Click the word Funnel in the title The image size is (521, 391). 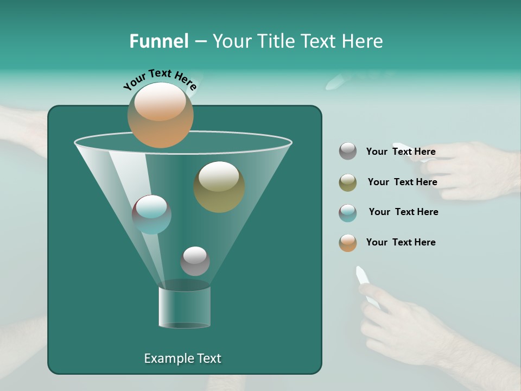(x=158, y=41)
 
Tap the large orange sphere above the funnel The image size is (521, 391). (x=160, y=115)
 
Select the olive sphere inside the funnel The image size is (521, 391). (x=219, y=186)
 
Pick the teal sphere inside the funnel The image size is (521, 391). (x=151, y=214)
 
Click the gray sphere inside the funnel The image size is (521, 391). (x=195, y=261)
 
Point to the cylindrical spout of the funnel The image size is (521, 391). (x=185, y=307)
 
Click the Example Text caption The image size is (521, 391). (x=182, y=358)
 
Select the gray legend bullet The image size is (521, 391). (x=348, y=152)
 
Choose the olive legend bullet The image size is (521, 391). (x=348, y=182)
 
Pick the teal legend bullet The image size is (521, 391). (x=348, y=213)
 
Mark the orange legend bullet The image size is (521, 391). (x=348, y=243)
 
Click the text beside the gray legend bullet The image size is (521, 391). (x=401, y=152)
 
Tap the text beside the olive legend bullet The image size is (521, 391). (x=402, y=182)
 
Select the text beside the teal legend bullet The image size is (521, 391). (x=403, y=212)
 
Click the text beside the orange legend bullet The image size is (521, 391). (x=401, y=242)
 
